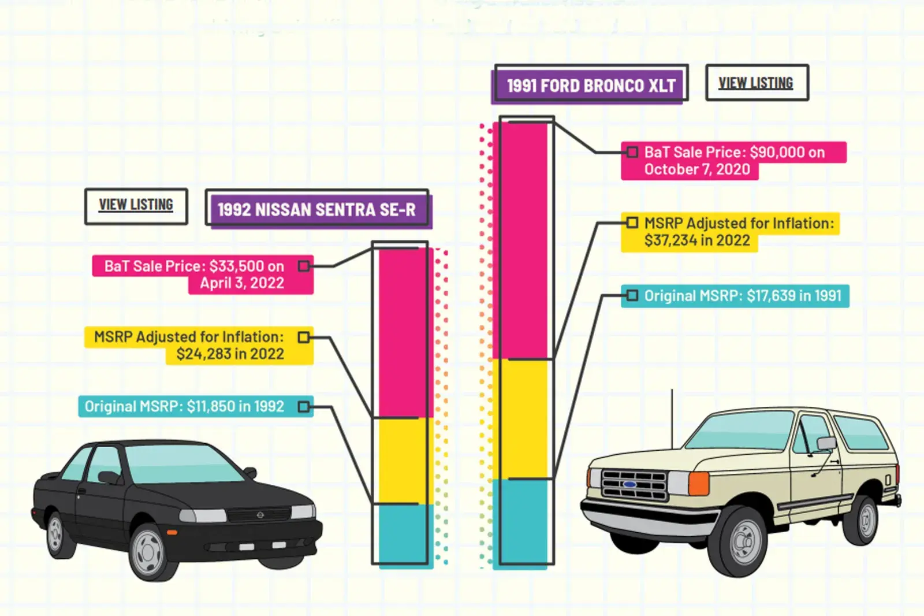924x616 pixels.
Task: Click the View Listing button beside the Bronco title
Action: [x=756, y=83]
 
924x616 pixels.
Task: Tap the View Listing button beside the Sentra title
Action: [x=136, y=205]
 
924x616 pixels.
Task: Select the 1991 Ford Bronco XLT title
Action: [x=591, y=86]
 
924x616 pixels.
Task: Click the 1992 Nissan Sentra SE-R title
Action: [x=316, y=209]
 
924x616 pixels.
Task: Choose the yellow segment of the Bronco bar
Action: [x=523, y=419]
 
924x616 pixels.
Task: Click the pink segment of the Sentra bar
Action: [x=403, y=332]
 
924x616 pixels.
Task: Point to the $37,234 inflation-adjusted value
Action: [x=670, y=240]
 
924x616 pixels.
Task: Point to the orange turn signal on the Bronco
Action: [x=699, y=483]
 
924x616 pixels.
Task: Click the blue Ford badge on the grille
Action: [x=629, y=484]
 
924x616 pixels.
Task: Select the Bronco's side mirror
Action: [x=826, y=443]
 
